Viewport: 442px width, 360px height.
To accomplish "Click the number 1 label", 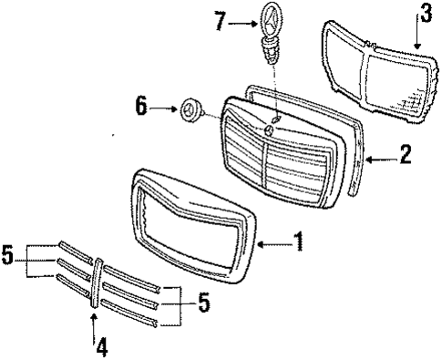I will pyautogui.click(x=299, y=243).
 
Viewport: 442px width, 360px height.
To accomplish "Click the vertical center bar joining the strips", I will pyautogui.click(x=96, y=283).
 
